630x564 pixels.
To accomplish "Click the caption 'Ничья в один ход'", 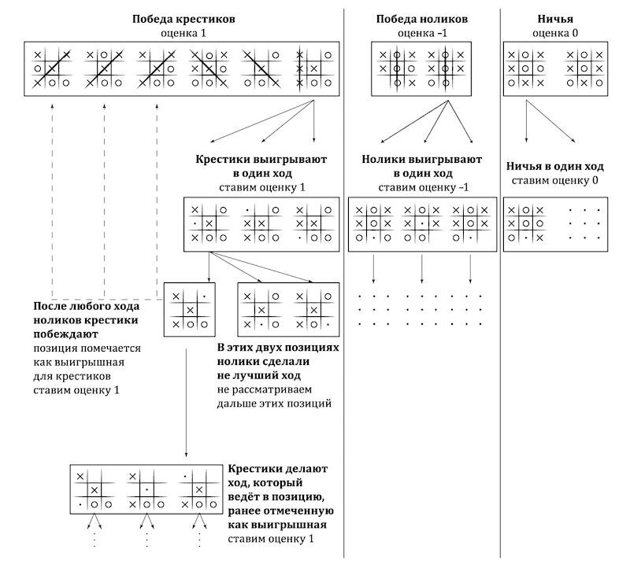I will coord(555,167).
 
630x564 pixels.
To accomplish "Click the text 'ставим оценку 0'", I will coord(555,180).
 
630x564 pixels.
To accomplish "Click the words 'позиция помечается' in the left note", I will coord(76,346).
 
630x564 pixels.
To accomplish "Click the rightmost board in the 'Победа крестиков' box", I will coord(313,68).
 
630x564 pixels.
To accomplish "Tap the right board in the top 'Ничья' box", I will coord(584,68).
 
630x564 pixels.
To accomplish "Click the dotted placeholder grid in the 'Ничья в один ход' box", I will coord(584,224).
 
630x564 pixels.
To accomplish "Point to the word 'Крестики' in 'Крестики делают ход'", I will coord(253,469).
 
